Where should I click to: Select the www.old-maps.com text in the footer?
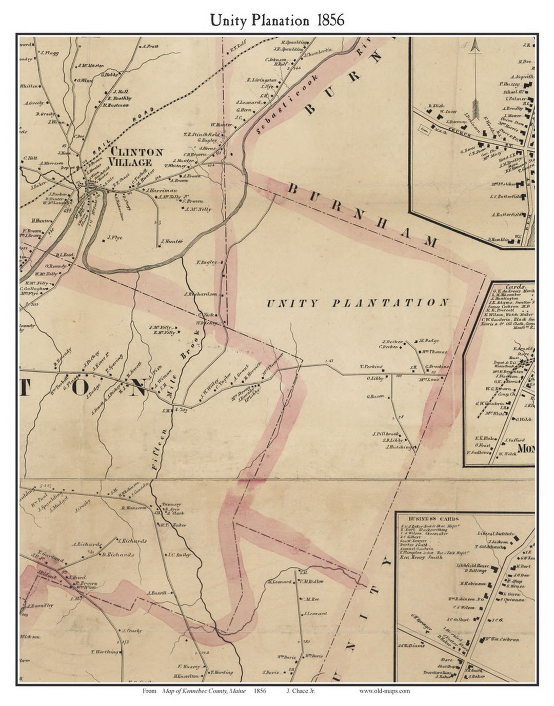[384, 691]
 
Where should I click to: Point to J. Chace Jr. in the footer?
[300, 691]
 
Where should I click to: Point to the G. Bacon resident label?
[375, 396]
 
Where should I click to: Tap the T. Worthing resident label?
[105, 652]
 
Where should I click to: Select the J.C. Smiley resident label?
[179, 555]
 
